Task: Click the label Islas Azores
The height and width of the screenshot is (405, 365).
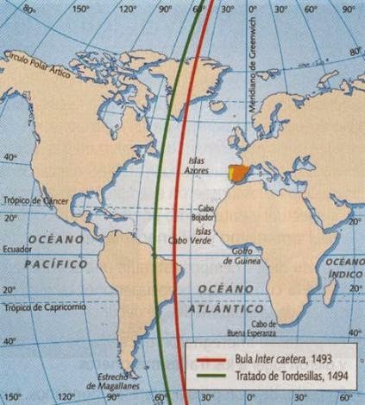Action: [198, 166]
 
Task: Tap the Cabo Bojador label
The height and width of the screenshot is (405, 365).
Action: [205, 212]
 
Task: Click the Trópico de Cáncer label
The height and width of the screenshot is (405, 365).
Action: [35, 200]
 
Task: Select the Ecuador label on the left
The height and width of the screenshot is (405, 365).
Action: [17, 247]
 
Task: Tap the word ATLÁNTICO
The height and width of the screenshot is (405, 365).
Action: [230, 307]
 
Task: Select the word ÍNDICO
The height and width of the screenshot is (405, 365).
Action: [347, 273]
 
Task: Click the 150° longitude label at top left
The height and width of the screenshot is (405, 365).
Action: [81, 9]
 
